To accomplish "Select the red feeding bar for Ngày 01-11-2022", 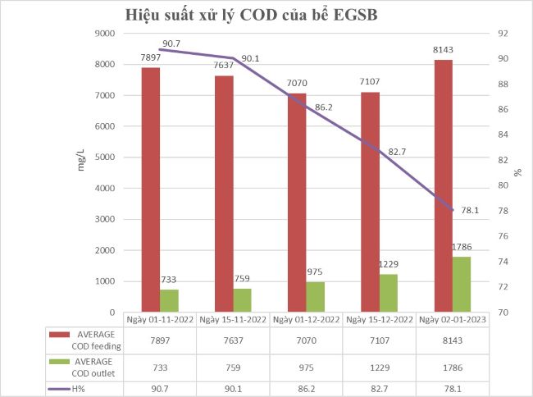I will [x=151, y=189].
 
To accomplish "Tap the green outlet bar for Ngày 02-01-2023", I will [x=462, y=284].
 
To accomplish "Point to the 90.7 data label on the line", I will [x=172, y=43].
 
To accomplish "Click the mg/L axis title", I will [x=80, y=160].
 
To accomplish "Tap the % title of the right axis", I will [x=517, y=173].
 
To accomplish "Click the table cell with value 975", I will [x=306, y=364].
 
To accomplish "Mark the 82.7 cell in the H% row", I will [x=380, y=388].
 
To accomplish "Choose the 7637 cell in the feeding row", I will [x=233, y=340].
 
